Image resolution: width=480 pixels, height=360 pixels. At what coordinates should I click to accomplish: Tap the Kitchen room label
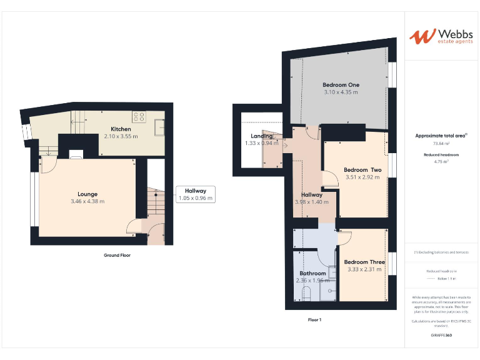click(x=121, y=129)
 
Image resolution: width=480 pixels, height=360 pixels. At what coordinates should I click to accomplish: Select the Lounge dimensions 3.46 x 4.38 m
click(x=87, y=201)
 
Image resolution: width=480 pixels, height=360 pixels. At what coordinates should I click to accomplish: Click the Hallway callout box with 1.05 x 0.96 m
click(x=196, y=194)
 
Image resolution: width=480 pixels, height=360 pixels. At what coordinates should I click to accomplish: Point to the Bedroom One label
click(x=341, y=85)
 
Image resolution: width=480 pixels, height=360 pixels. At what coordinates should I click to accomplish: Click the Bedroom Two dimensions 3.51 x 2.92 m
click(x=362, y=177)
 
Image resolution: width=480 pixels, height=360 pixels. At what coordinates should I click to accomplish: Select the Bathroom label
click(x=312, y=273)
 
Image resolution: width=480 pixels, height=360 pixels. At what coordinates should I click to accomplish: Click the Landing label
click(x=261, y=136)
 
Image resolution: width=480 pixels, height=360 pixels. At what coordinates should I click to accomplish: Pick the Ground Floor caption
click(x=117, y=255)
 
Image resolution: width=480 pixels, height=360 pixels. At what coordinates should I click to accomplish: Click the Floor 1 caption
click(x=314, y=319)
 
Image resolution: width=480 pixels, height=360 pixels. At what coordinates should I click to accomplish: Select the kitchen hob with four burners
click(x=139, y=116)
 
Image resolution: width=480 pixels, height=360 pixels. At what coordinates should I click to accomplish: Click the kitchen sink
click(x=160, y=129)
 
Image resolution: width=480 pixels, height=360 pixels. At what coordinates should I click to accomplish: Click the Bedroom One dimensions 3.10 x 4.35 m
click(x=341, y=92)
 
